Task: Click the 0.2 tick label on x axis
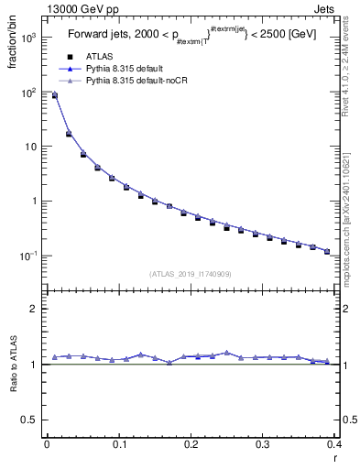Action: coord(191,444)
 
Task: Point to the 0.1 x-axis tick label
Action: coord(118,444)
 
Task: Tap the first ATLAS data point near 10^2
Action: coord(54,95)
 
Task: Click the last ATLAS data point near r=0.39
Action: coord(327,251)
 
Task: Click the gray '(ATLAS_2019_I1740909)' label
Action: coord(190,274)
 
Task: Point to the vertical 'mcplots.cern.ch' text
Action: coord(348,229)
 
